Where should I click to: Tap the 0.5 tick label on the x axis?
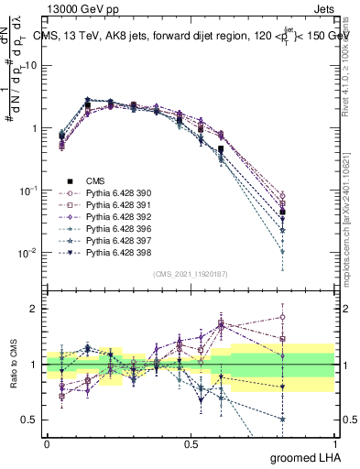[191, 443]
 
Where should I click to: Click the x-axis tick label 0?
[47, 443]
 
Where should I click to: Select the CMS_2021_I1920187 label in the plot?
[191, 273]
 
